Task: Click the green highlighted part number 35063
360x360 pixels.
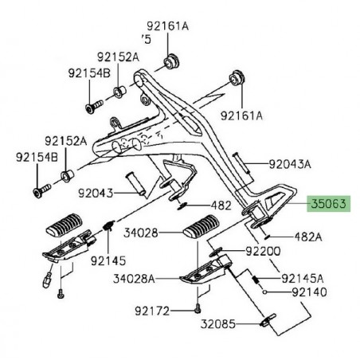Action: pyautogui.click(x=329, y=204)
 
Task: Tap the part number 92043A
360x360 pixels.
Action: pyautogui.click(x=290, y=164)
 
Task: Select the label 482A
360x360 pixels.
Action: pyautogui.click(x=308, y=237)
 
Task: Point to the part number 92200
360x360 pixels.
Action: pyautogui.click(x=263, y=251)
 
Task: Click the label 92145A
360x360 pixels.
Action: pyautogui.click(x=303, y=279)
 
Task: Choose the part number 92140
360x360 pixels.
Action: pyautogui.click(x=309, y=292)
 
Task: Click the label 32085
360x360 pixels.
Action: pyautogui.click(x=218, y=324)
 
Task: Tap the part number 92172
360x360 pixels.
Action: pyautogui.click(x=152, y=311)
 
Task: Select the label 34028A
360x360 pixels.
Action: pyautogui.click(x=134, y=279)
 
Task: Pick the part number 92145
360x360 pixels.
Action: pyautogui.click(x=108, y=261)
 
